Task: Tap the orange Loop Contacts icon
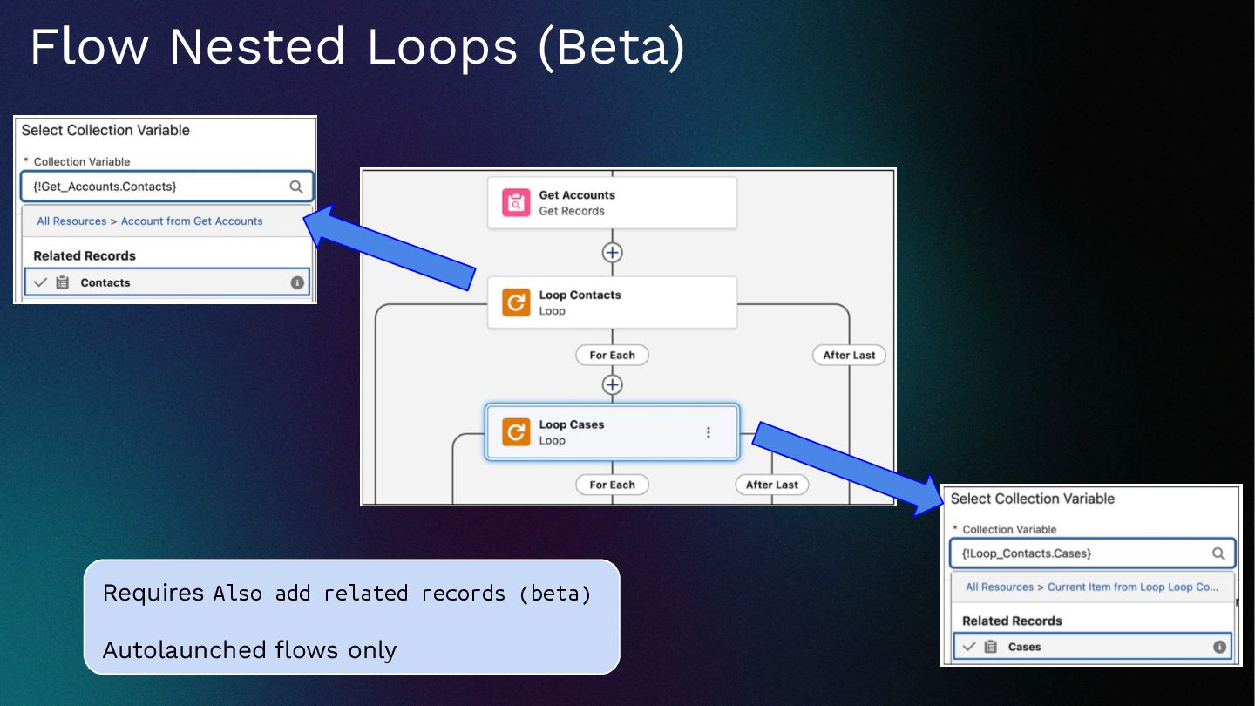pyautogui.click(x=517, y=302)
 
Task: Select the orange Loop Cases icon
pyautogui.click(x=517, y=432)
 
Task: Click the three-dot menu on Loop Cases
pyautogui.click(x=708, y=432)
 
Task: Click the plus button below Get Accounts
pyautogui.click(x=613, y=253)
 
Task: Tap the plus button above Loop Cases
pyautogui.click(x=613, y=384)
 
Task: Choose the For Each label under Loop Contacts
pyautogui.click(x=612, y=356)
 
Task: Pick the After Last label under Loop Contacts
pyautogui.click(x=849, y=356)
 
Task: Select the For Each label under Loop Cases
pyautogui.click(x=612, y=485)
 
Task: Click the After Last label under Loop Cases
pyautogui.click(x=772, y=485)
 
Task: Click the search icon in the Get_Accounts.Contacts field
pyautogui.click(x=296, y=187)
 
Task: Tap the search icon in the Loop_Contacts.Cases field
pyautogui.click(x=1218, y=553)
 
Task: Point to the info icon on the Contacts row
pyautogui.click(x=297, y=282)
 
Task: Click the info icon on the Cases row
pyautogui.click(x=1219, y=647)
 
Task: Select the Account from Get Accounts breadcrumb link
pyautogui.click(x=192, y=221)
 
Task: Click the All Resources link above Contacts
pyautogui.click(x=71, y=221)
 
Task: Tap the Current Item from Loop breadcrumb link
pyautogui.click(x=1132, y=587)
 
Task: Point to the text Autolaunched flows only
pyautogui.click(x=249, y=650)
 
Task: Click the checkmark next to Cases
pyautogui.click(x=968, y=647)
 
